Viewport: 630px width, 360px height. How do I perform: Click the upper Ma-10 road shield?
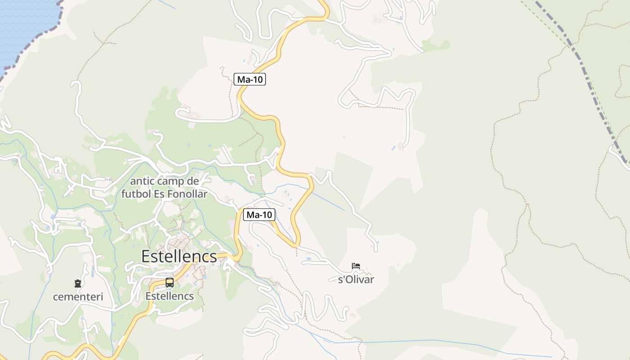point(250,80)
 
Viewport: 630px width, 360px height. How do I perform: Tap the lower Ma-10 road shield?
point(259,215)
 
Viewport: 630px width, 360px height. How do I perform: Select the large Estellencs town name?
point(179,256)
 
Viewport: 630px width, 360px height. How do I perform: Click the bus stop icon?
point(170,283)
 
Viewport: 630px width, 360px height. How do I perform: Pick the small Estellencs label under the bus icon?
point(170,296)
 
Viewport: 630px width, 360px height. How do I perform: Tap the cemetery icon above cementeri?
point(78,283)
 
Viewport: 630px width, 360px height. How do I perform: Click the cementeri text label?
point(78,297)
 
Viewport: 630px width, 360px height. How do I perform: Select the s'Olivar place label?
point(356,279)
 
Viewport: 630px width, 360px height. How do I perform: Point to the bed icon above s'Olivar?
point(356,266)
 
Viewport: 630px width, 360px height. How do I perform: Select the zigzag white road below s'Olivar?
point(315,306)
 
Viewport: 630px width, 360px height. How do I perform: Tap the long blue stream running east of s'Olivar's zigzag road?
point(450,341)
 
